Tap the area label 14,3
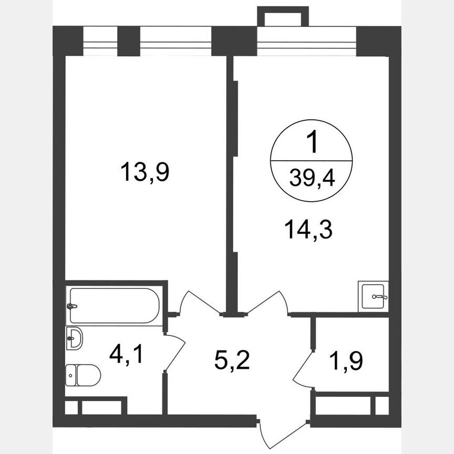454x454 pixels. (x=309, y=230)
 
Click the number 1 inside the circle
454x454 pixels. (x=311, y=143)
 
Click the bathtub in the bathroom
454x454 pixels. (x=114, y=305)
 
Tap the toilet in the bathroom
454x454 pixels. (x=84, y=375)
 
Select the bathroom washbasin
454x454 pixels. (x=75, y=337)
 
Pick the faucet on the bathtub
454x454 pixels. (x=73, y=306)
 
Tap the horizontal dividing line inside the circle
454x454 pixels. (x=311, y=160)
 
